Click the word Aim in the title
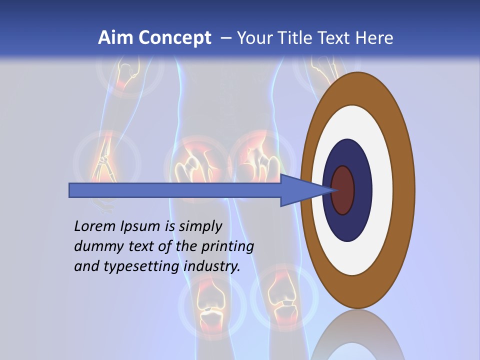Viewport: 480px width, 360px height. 115,38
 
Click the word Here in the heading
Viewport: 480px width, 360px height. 375,38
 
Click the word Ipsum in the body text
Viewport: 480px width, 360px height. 140,226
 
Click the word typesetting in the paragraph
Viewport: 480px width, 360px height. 141,267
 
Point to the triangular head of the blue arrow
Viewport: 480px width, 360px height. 305,190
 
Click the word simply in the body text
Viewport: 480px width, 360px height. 200,226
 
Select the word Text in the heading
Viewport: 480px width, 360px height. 335,38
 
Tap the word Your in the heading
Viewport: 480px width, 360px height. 253,38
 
